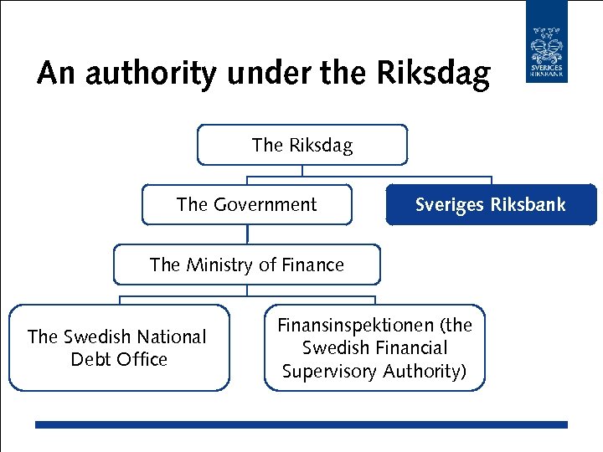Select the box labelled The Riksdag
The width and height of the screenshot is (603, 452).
pyautogui.click(x=302, y=145)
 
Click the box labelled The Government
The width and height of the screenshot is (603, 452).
pyautogui.click(x=247, y=205)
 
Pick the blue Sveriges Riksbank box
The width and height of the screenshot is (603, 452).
pyautogui.click(x=491, y=205)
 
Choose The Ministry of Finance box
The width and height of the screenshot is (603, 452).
pyautogui.click(x=247, y=265)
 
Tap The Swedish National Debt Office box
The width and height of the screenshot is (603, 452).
pyautogui.click(x=118, y=347)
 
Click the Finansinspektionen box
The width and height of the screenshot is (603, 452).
pyautogui.click(x=374, y=347)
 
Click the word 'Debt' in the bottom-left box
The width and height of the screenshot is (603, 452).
pyautogui.click(x=90, y=360)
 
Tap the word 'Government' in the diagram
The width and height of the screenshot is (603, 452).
pyautogui.click(x=265, y=205)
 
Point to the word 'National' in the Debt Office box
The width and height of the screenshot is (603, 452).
pyautogui.click(x=170, y=336)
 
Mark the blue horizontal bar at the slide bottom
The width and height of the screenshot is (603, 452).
pyautogui.click(x=301, y=424)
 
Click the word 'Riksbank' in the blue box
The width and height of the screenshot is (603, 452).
pyautogui.click(x=528, y=205)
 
